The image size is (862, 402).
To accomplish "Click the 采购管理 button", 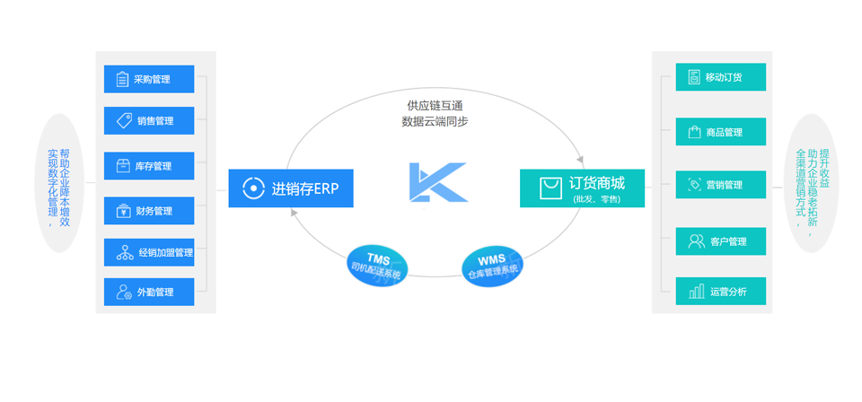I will (149, 79).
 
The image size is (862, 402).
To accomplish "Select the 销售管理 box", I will (149, 121).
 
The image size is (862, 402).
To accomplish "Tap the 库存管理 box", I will (149, 166).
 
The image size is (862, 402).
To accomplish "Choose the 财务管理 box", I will (149, 211).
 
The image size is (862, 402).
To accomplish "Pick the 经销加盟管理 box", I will (149, 253).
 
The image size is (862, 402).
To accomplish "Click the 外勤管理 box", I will (149, 292).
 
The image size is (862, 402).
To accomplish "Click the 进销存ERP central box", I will (290, 188).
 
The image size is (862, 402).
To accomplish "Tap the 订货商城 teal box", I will (582, 188).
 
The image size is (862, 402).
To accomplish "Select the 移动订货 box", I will (720, 77).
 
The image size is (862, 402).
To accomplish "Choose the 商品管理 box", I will (720, 132).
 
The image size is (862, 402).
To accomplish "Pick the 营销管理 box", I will (720, 185).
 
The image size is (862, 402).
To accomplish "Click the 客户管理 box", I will (720, 241).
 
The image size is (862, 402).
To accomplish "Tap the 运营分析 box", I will (720, 292).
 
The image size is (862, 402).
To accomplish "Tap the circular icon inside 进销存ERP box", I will (253, 188).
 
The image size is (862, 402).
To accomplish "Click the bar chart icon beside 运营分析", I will (696, 292).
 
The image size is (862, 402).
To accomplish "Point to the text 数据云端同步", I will (435, 122).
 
